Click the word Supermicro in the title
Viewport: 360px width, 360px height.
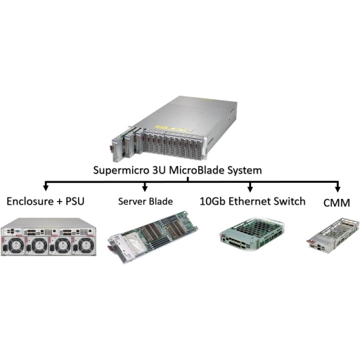(x=121, y=170)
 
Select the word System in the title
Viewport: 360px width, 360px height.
(x=245, y=170)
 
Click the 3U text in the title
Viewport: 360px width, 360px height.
(x=159, y=169)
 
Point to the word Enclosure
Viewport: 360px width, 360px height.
(x=30, y=201)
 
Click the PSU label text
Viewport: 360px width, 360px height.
(x=75, y=201)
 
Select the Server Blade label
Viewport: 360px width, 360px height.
(x=146, y=201)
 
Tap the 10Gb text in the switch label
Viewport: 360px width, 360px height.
(x=212, y=201)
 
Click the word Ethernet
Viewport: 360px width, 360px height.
(x=250, y=201)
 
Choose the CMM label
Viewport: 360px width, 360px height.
(x=337, y=203)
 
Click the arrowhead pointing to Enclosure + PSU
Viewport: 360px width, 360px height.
(x=46, y=188)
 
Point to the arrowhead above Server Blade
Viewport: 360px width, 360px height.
(x=145, y=188)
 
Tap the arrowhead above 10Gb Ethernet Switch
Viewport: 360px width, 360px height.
(x=250, y=188)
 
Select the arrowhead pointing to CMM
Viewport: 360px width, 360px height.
(x=337, y=189)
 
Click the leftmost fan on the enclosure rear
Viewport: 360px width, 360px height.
(x=16, y=245)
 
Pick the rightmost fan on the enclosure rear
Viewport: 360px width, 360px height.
(x=86, y=245)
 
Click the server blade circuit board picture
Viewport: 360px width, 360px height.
(x=153, y=236)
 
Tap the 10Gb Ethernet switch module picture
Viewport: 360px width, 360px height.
(x=252, y=234)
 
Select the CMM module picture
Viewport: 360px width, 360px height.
(x=333, y=235)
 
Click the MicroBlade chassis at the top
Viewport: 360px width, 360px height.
(x=174, y=129)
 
